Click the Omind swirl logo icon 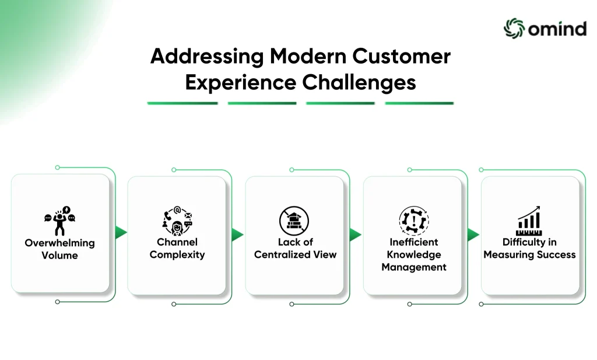[x=514, y=28]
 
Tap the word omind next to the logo [x=557, y=29]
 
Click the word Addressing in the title [x=207, y=57]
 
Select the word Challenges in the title [x=359, y=83]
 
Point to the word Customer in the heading [x=401, y=56]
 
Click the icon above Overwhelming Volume [x=60, y=221]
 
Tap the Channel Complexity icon [x=177, y=221]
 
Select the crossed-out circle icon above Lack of [x=294, y=221]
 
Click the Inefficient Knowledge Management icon [x=414, y=221]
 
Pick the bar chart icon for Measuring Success [x=529, y=221]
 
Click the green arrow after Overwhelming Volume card [x=121, y=232]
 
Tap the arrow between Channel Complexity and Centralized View [x=237, y=235]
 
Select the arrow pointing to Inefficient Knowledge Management [x=355, y=235]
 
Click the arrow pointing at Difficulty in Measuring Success [x=473, y=235]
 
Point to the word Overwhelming [x=60, y=243]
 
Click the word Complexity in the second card [x=177, y=255]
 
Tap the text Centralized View [x=296, y=254]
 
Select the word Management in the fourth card [x=414, y=267]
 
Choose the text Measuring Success [x=529, y=255]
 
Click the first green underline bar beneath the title [x=182, y=103]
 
